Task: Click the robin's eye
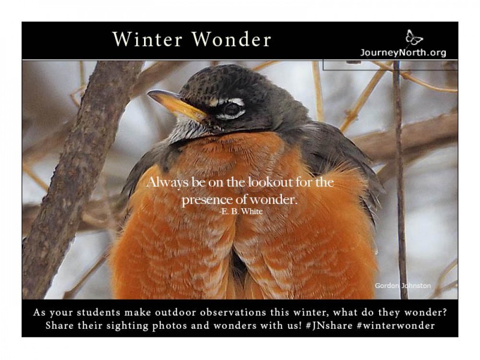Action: (233, 109)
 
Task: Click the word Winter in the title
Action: (148, 40)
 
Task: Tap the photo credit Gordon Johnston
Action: (403, 286)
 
